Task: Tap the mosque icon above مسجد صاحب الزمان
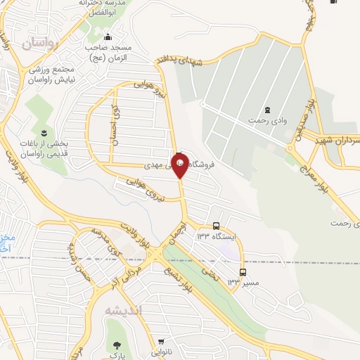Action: [107, 37]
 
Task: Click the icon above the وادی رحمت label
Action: [266, 110]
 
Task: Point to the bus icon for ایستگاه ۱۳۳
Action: [216, 226]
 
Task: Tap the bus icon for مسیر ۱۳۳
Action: [243, 272]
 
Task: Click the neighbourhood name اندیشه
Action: [123, 310]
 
